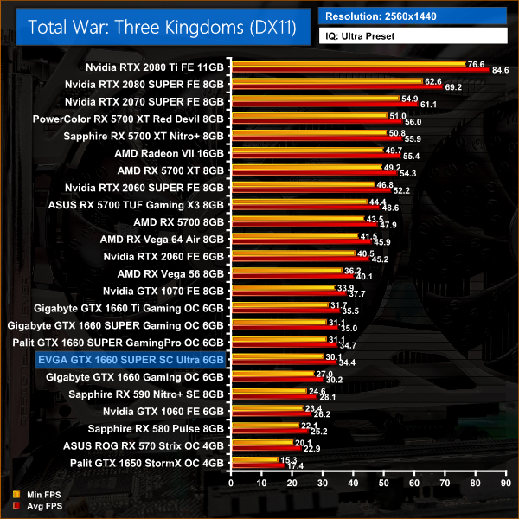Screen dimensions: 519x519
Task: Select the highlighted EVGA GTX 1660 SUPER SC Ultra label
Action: [x=130, y=360]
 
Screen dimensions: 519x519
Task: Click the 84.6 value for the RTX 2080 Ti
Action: [x=500, y=71]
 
